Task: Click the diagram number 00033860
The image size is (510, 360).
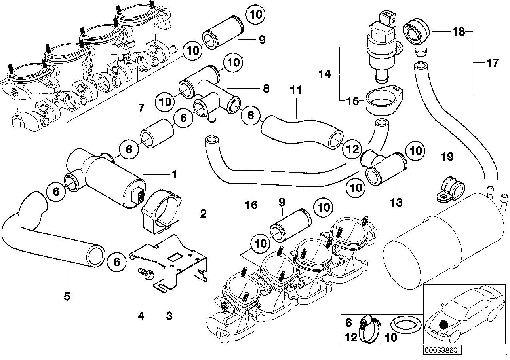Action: click(x=441, y=351)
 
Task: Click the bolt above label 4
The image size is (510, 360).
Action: click(x=143, y=273)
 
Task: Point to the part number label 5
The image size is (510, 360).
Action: click(x=67, y=296)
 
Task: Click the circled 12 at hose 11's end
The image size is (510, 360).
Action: click(x=352, y=149)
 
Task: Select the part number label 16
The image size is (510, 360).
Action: click(x=251, y=205)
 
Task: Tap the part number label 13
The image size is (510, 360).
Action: click(x=396, y=203)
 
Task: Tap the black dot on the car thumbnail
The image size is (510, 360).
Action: click(x=444, y=324)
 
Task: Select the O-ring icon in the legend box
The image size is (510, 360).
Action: click(x=406, y=326)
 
